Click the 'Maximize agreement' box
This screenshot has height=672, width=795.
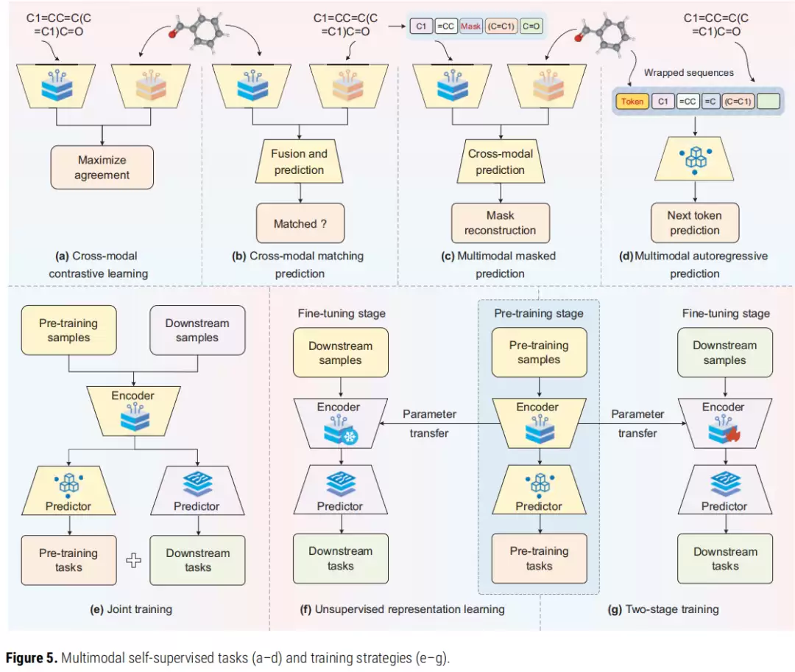pos(102,167)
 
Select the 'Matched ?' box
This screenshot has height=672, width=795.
pos(300,223)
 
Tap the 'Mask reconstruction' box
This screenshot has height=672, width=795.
pos(501,223)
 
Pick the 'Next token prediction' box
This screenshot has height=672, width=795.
pos(695,223)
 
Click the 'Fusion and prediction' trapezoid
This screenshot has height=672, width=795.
pos(299,161)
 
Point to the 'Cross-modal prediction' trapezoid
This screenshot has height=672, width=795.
pos(501,161)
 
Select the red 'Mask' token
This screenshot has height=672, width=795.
pos(470,26)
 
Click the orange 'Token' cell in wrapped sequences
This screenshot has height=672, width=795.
pos(632,102)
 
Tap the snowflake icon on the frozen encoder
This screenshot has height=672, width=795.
pos(350,436)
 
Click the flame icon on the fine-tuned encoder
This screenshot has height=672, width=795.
pos(732,435)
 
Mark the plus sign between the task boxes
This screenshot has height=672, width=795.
pos(133,560)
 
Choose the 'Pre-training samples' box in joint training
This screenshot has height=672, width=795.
pos(69,330)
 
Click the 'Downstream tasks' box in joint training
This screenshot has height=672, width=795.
pos(198,560)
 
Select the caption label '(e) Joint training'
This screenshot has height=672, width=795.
pos(131,609)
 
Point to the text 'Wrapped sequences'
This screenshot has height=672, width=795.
pos(688,73)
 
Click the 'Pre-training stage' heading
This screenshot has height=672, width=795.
pos(538,313)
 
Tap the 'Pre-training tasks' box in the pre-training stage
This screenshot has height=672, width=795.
pos(539,559)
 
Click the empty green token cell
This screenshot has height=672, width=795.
pos(768,102)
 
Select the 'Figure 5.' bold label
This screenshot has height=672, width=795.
pos(32,658)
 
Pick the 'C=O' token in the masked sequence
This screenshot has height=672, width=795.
pos(531,26)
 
